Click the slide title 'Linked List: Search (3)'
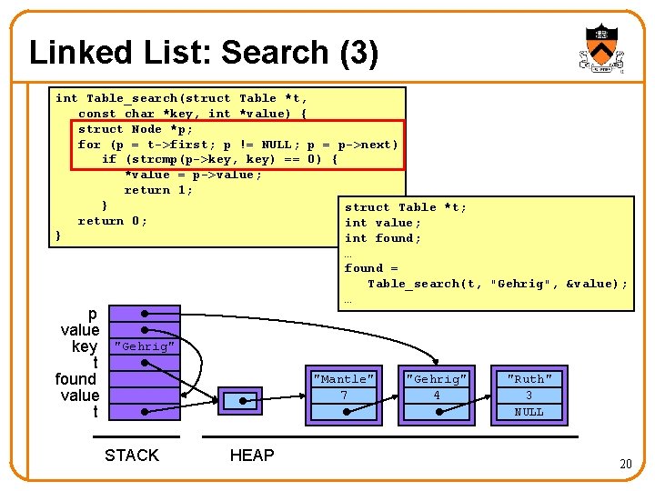(204, 53)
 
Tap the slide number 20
(625, 464)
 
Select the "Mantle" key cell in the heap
(343, 379)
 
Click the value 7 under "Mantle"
(343, 396)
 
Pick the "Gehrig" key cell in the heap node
(437, 379)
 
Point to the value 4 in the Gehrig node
(437, 396)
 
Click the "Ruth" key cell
(529, 379)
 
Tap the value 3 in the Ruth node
(529, 396)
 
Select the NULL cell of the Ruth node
(529, 412)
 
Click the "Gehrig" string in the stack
(144, 346)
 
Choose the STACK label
(131, 456)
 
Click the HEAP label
(252, 456)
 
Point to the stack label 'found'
(76, 379)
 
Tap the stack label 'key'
(85, 346)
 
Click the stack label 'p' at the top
(92, 314)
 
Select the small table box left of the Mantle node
(241, 401)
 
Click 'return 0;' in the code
(113, 221)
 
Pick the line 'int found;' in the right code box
(383, 238)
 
